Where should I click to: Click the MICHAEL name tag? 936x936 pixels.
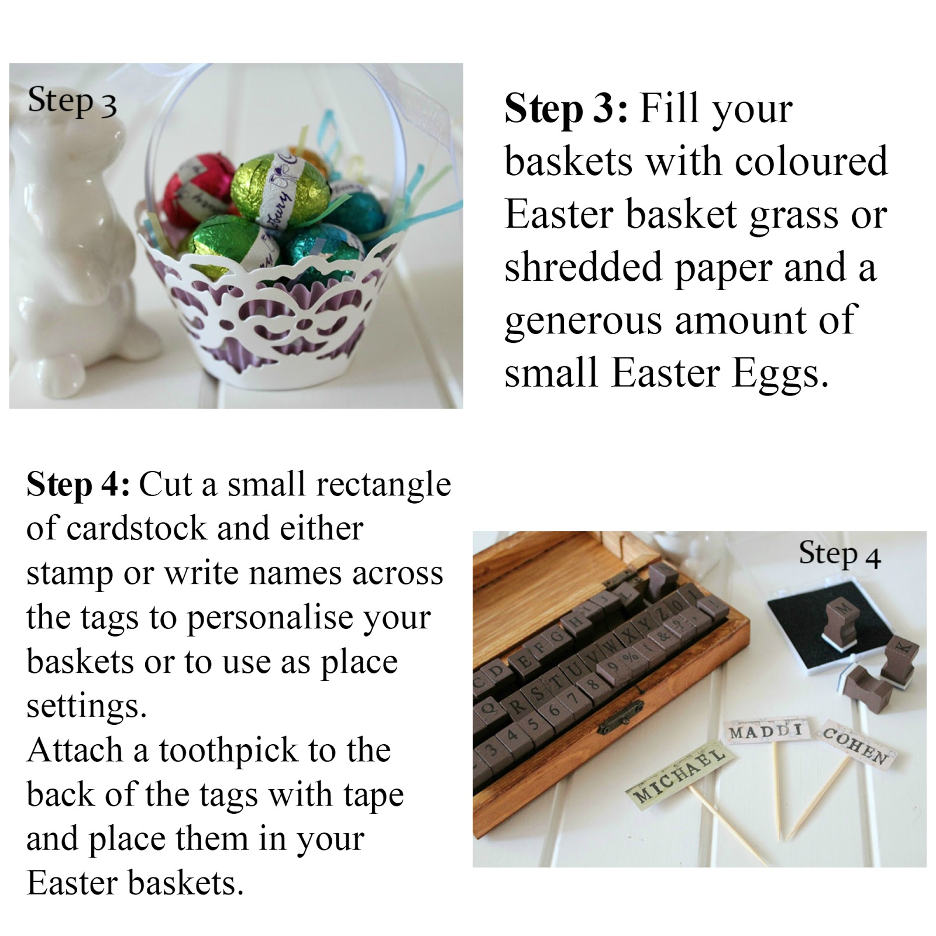point(678,776)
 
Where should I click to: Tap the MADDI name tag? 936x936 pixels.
point(766,731)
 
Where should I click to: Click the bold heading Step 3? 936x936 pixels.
point(565,109)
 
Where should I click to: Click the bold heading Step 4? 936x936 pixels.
point(77,485)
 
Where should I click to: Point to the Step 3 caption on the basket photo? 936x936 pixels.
point(72,101)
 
